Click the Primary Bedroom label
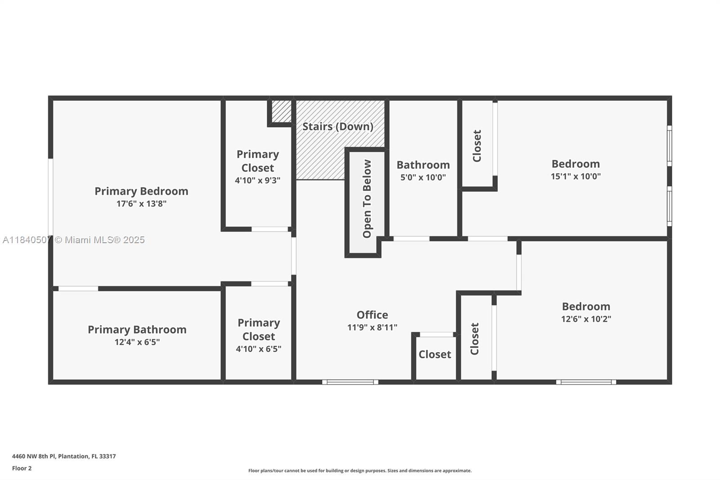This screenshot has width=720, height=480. coord(141,191)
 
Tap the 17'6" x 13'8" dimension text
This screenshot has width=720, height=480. coord(141,204)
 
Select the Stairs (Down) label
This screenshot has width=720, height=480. coord(337,127)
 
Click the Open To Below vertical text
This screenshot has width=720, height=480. coord(367,199)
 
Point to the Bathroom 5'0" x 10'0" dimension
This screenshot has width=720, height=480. coord(423,177)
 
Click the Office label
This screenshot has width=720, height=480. coord(372,315)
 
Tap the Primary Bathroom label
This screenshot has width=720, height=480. coord(137,330)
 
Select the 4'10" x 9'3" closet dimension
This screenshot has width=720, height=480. coord(257,181)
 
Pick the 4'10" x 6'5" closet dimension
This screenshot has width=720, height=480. coord(258,349)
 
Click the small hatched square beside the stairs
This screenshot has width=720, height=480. coord(282,111)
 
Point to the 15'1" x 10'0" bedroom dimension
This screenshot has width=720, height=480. coord(576,177)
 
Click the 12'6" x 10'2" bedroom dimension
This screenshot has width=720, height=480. coord(586,319)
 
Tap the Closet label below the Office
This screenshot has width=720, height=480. coord(435,354)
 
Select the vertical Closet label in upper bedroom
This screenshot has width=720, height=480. coord(477,146)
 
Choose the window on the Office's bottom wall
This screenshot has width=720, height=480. coord(350,382)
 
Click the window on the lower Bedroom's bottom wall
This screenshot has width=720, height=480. coord(586,382)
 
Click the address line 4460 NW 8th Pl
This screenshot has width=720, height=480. coord(64,456)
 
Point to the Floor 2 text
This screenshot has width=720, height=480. coord(22,468)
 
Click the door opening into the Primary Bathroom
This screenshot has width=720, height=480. coord(78,289)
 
